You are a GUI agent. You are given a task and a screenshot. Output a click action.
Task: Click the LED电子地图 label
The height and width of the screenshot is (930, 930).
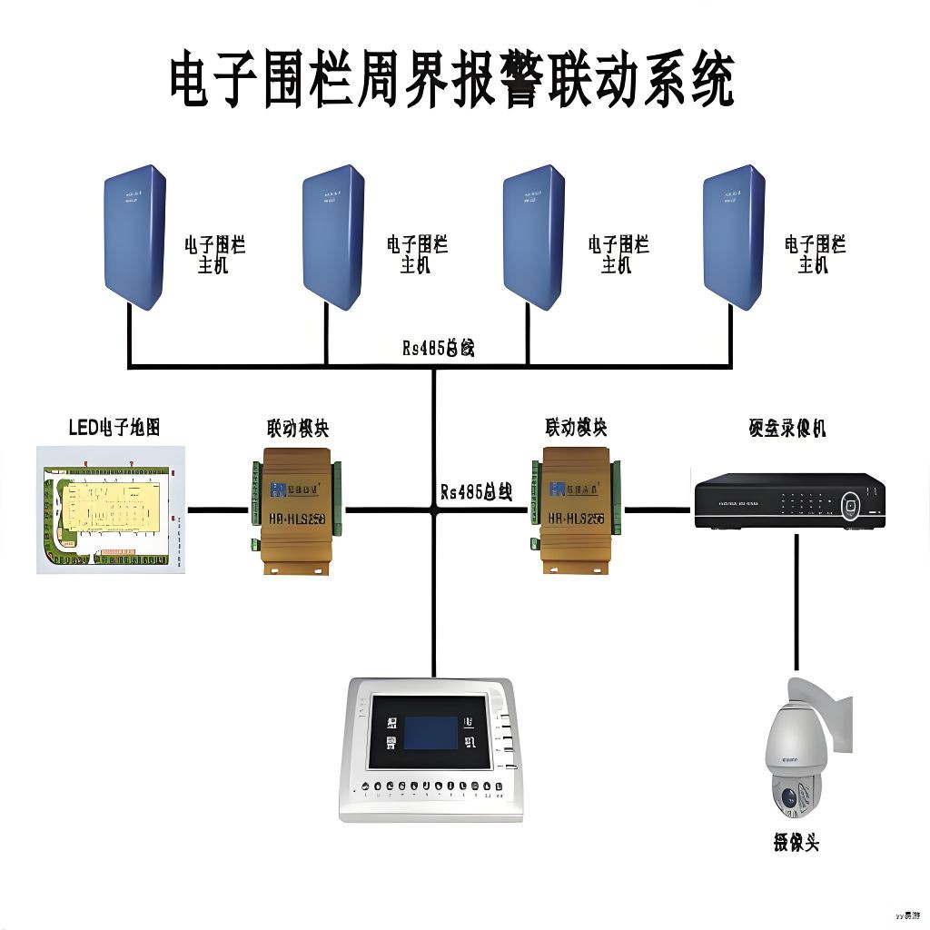click(114, 428)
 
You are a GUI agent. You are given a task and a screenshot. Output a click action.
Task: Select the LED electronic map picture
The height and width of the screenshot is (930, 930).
click(111, 510)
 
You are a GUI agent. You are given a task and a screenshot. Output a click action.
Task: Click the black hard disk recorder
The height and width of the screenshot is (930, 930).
click(788, 500)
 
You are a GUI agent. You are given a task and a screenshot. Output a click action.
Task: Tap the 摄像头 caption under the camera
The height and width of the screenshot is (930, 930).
click(796, 842)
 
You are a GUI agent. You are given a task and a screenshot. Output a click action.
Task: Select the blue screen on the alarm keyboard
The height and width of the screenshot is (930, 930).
click(430, 733)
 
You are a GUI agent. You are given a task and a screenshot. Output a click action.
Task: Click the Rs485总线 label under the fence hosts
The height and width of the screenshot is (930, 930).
click(439, 348)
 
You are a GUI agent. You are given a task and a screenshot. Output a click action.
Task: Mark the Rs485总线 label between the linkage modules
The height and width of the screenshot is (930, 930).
click(476, 492)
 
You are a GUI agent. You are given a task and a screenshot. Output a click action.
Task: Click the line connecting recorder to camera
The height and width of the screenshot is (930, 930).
click(797, 604)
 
